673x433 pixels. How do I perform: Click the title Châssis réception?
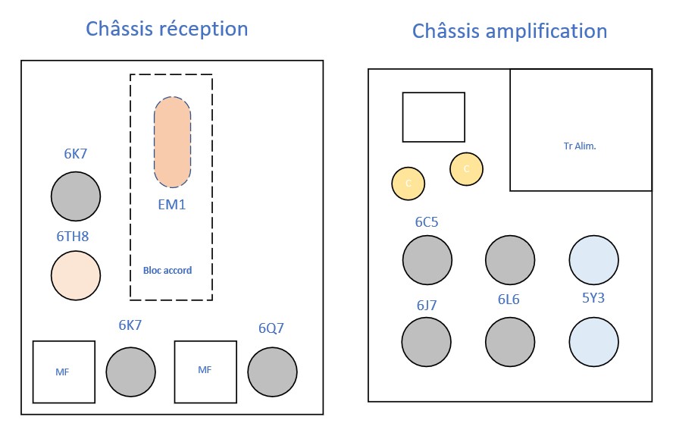[x=167, y=30]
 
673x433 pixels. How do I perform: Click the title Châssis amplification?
[x=509, y=31]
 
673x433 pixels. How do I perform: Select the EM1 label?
[x=171, y=204]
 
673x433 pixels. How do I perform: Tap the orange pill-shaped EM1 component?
[x=173, y=143]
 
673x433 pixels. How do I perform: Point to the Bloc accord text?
[x=167, y=270]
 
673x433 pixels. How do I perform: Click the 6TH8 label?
[x=73, y=237]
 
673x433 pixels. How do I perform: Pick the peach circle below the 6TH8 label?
[x=76, y=275]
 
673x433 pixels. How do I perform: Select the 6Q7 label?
[x=272, y=329]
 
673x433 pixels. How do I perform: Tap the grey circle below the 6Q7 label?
[x=273, y=372]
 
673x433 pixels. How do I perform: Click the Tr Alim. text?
[x=581, y=146]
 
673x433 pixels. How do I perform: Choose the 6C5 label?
[x=427, y=222]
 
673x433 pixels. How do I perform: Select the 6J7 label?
[x=427, y=306]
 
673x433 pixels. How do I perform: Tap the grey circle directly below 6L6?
[x=510, y=342]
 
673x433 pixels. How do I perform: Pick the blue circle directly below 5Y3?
[x=594, y=342]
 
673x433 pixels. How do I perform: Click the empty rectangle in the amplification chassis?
[x=434, y=117]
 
